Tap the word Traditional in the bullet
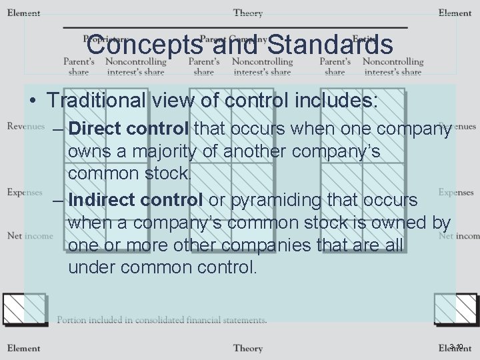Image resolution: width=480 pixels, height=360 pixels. click(96, 101)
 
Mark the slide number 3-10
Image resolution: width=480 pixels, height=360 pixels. click(457, 346)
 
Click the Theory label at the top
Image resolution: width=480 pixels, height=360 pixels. click(247, 13)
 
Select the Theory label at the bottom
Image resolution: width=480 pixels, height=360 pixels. click(247, 348)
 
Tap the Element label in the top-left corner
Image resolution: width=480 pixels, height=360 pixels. click(24, 13)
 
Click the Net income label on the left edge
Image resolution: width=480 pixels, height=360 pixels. click(30, 235)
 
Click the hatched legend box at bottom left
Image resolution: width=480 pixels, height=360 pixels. click(24, 309)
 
